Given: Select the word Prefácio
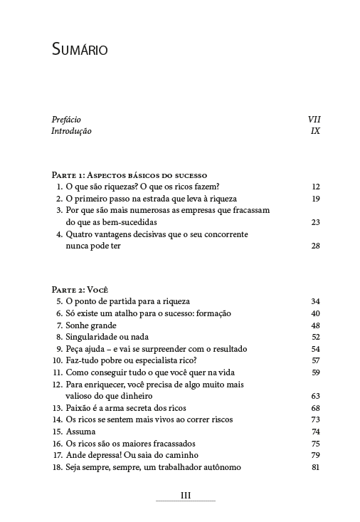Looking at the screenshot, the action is (66, 119).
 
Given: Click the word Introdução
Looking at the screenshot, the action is (71, 131).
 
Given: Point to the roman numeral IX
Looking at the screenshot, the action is (316, 131).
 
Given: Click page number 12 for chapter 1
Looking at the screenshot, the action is (316, 187).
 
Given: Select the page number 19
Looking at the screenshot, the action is (316, 198).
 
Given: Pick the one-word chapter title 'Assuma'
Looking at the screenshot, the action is (79, 432).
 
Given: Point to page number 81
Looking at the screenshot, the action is (316, 467).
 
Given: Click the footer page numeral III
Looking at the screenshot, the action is (185, 496).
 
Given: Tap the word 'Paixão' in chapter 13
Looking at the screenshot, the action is (79, 407).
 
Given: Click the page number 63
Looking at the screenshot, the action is (316, 395).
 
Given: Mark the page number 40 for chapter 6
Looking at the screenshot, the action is (316, 313).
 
